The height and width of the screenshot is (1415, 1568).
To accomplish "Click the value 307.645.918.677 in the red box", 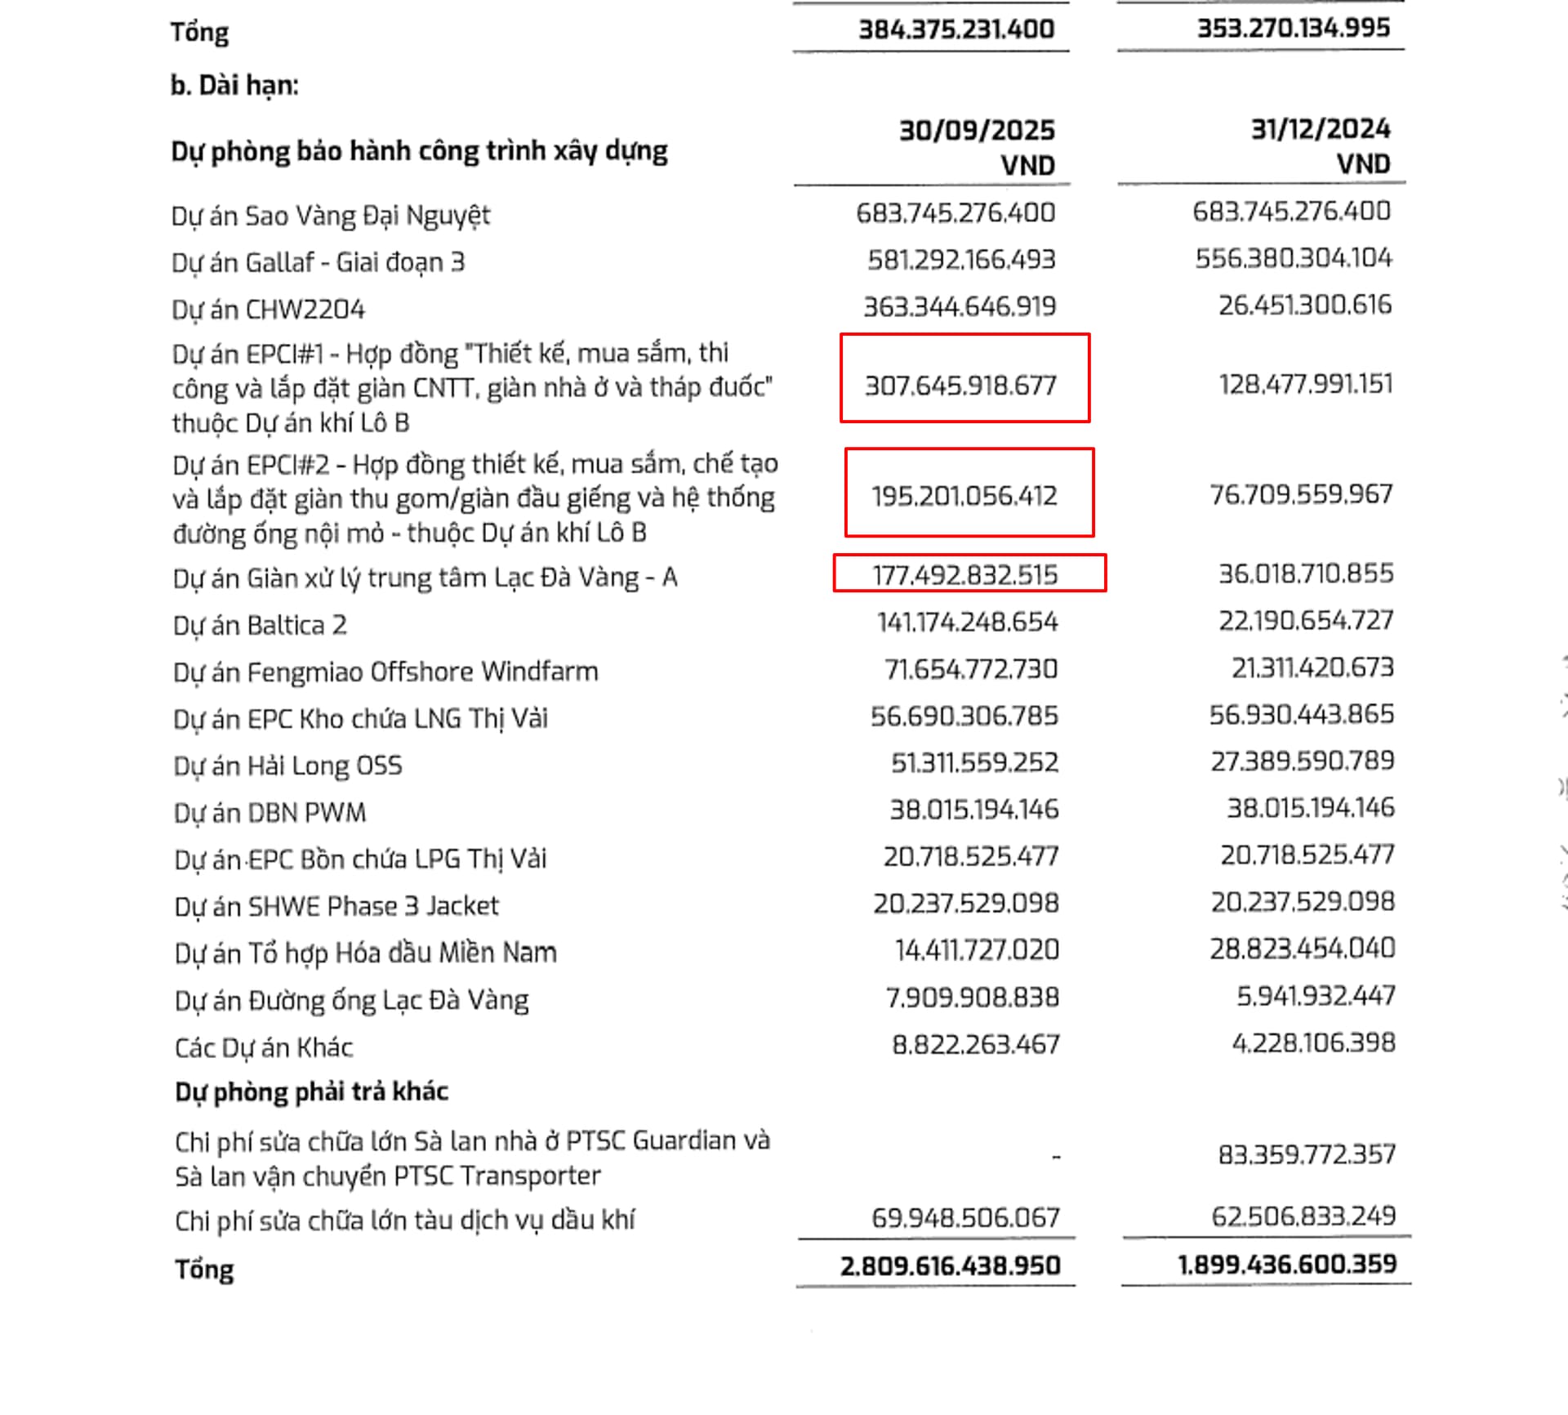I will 960,385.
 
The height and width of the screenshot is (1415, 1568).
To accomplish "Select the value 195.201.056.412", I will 964,496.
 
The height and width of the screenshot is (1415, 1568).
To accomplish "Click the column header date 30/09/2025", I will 977,131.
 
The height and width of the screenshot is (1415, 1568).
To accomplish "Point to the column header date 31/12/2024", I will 1320,129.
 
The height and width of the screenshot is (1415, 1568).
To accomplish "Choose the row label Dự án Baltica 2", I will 260,626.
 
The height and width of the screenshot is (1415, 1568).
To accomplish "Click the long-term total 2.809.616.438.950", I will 950,1265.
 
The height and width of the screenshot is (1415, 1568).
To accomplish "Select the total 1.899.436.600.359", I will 1286,1265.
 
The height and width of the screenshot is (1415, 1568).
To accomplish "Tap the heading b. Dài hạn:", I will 234,85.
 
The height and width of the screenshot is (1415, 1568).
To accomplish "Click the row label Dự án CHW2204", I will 268,310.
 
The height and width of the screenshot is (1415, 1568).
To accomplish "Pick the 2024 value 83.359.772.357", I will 1306,1154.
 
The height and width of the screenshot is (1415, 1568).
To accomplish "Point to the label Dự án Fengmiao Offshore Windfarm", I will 385,672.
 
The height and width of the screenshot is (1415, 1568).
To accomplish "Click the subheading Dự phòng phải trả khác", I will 311,1091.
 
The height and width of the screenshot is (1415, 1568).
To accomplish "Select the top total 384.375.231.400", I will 955,29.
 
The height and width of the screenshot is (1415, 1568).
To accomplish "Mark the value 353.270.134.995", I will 1293,28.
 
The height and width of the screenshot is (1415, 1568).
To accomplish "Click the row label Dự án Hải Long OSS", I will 287,766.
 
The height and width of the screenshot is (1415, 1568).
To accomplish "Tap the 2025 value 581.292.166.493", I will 961,260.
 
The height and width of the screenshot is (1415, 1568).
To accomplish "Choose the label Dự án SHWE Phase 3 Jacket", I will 336,906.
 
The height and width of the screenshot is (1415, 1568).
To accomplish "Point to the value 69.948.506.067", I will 965,1218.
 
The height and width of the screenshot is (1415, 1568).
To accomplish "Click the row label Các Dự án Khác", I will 263,1047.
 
